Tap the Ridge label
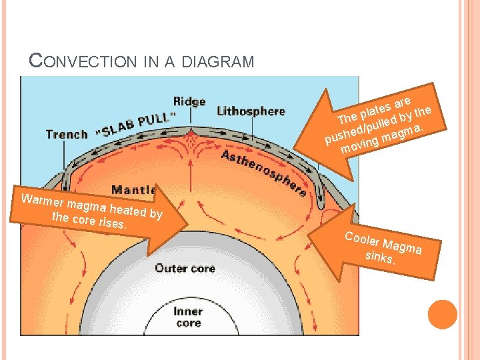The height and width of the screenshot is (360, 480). click(189, 102)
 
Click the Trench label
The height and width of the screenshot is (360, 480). click(66, 134)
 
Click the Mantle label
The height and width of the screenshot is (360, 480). click(133, 189)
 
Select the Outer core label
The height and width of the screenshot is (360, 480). click(185, 268)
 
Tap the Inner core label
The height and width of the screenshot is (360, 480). click(188, 317)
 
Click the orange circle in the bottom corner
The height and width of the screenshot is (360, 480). click(442, 315)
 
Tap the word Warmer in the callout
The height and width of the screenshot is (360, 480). click(42, 201)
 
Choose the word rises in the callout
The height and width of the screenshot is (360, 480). click(111, 223)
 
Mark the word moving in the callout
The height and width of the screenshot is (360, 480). click(356, 144)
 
